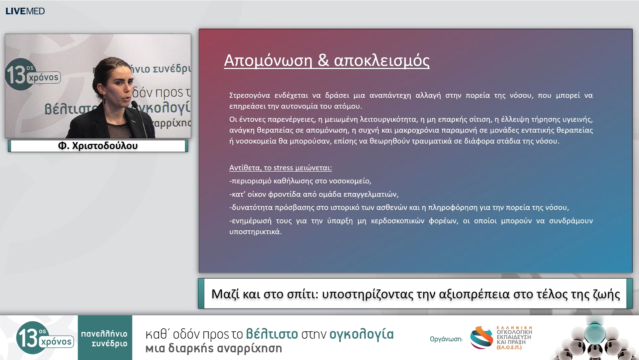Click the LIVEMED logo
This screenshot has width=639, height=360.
click(x=25, y=11)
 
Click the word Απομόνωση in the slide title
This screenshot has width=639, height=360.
click(x=268, y=61)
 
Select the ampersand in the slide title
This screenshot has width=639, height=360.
click(x=323, y=61)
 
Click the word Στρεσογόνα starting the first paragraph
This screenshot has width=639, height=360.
click(x=249, y=96)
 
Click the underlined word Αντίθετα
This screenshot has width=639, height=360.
click(x=244, y=168)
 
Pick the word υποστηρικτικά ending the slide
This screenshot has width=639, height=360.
click(x=255, y=232)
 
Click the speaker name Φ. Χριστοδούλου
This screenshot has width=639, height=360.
click(x=98, y=146)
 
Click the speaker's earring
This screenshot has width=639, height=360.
click(x=104, y=99)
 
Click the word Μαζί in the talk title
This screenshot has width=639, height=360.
click(x=225, y=294)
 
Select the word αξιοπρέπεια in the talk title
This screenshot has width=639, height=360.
click(x=475, y=294)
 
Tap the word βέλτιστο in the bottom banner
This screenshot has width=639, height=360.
click(x=272, y=334)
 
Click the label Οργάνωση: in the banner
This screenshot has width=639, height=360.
click(x=446, y=339)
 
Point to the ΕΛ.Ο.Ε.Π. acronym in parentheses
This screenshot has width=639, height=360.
click(x=509, y=347)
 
